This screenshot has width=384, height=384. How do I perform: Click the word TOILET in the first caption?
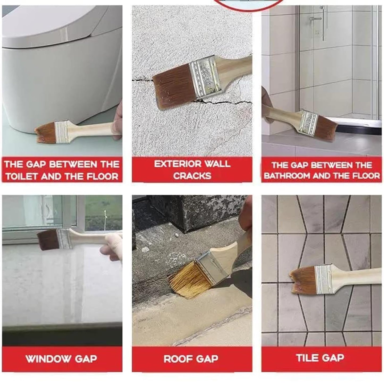point(22,176)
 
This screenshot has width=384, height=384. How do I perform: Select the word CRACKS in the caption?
point(192,176)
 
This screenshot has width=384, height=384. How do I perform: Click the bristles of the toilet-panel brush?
point(45,132)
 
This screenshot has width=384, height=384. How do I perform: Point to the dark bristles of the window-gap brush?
point(48,240)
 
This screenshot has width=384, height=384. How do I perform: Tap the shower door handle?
point(315,19)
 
